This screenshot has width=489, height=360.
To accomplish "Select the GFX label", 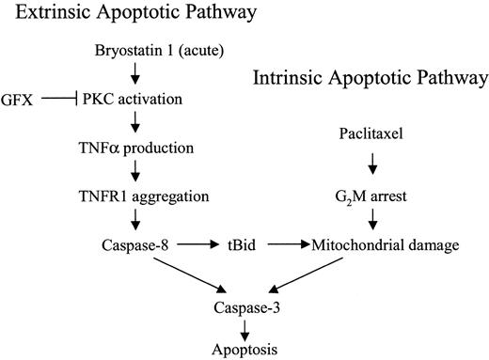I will [x=19, y=97].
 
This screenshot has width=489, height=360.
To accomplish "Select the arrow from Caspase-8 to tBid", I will [x=199, y=246].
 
